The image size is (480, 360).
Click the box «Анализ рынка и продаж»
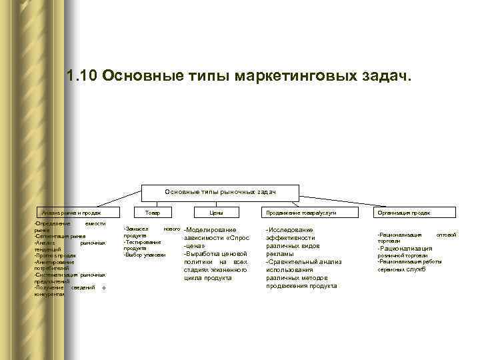point(71,212)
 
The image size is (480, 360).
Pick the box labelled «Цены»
point(216,212)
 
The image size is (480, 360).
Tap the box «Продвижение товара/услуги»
point(301,212)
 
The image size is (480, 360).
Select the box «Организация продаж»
point(403,212)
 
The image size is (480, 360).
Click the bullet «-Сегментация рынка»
point(60,236)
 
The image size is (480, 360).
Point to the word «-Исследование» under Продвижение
point(289,230)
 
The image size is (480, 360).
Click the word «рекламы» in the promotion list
point(279,254)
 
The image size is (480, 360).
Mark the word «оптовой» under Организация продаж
point(446,235)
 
